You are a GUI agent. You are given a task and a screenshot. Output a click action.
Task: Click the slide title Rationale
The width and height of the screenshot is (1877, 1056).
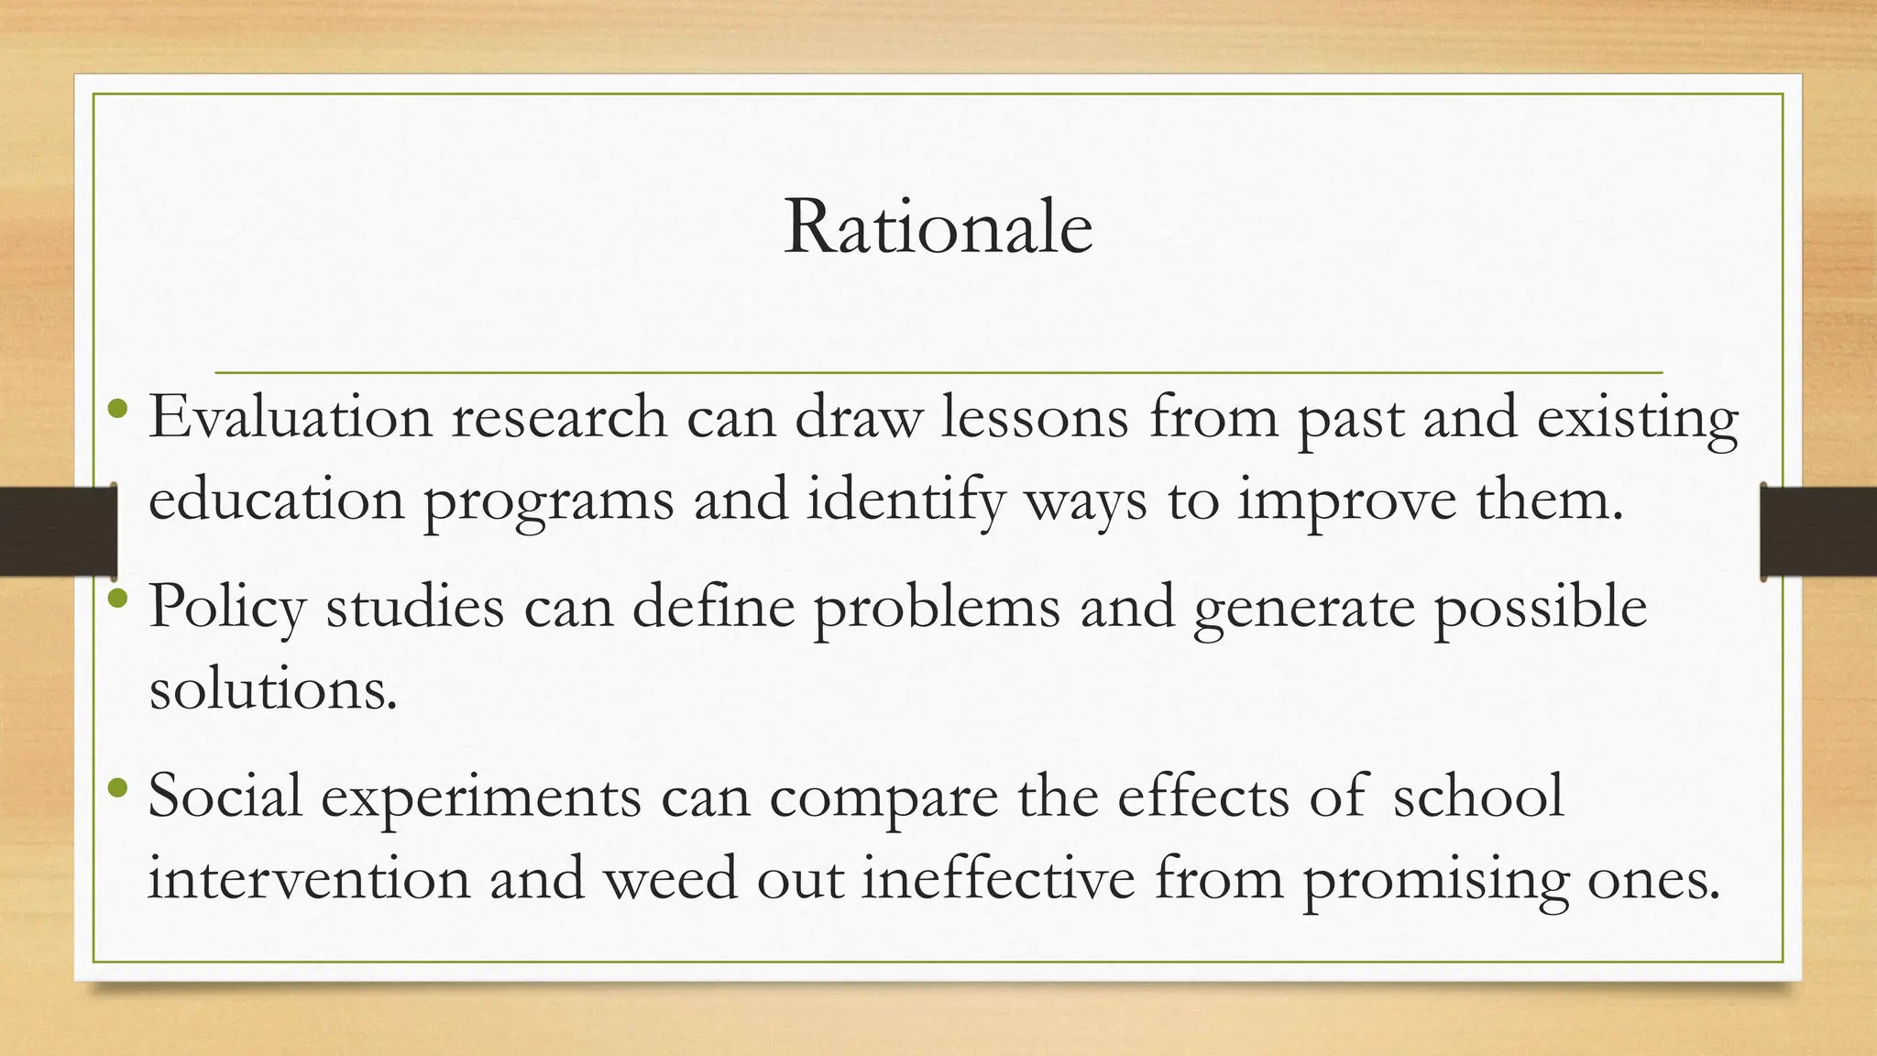[x=938, y=227]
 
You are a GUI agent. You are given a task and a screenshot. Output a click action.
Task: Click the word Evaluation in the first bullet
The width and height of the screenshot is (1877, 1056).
[x=291, y=417]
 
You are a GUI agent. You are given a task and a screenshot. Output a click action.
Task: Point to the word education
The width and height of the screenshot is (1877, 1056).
[x=276, y=500]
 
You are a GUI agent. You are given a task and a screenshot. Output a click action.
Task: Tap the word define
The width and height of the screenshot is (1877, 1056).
[x=713, y=607]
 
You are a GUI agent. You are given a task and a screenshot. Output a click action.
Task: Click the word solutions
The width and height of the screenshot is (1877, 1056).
[x=273, y=688]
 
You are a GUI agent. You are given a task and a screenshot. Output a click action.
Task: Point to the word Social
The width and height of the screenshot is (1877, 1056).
[x=225, y=796]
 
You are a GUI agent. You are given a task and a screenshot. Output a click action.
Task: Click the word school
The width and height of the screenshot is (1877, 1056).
[x=1477, y=796]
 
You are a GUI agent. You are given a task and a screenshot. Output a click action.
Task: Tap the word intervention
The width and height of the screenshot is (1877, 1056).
[x=308, y=878]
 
